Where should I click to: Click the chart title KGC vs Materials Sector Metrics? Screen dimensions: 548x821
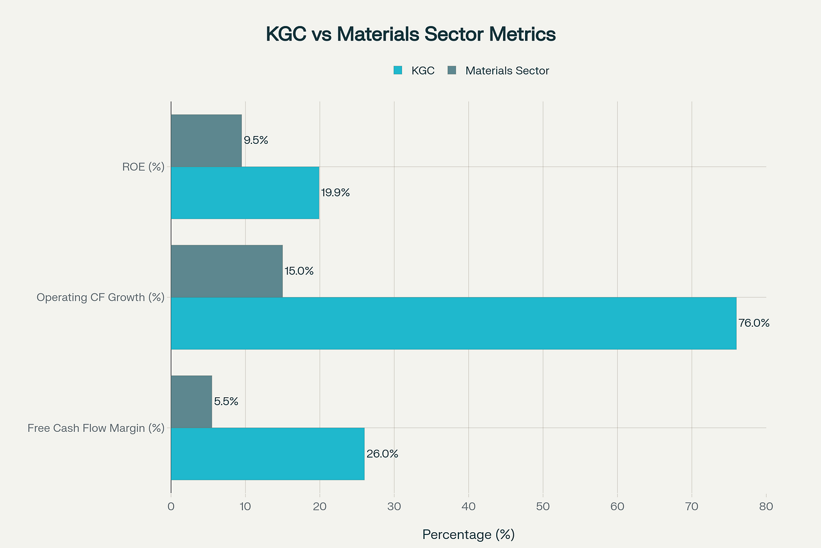click(410, 34)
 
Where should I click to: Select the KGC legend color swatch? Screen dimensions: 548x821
click(398, 71)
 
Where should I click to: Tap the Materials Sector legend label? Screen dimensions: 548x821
click(507, 71)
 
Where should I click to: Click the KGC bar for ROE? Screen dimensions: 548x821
click(245, 193)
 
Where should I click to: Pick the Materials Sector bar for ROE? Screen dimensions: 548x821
click(206, 141)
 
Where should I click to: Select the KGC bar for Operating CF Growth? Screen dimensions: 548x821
click(453, 323)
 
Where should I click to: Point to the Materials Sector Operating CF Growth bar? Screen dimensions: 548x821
click(227, 271)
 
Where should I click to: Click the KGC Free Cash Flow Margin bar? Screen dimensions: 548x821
click(267, 454)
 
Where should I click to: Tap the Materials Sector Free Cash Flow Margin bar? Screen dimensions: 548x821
click(192, 401)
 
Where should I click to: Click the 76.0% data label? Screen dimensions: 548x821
click(754, 323)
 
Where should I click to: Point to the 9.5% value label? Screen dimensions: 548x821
click(256, 141)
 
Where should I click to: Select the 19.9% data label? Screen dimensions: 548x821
click(336, 193)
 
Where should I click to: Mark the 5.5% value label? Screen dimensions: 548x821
click(226, 402)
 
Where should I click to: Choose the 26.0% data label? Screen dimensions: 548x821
click(382, 454)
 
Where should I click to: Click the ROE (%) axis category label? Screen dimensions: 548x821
click(143, 167)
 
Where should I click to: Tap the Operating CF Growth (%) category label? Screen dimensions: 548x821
click(100, 297)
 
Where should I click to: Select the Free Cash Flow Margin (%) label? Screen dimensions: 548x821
click(96, 428)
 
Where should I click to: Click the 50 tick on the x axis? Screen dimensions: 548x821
click(543, 507)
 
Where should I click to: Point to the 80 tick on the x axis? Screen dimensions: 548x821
click(766, 507)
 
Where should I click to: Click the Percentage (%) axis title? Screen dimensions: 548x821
click(468, 534)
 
